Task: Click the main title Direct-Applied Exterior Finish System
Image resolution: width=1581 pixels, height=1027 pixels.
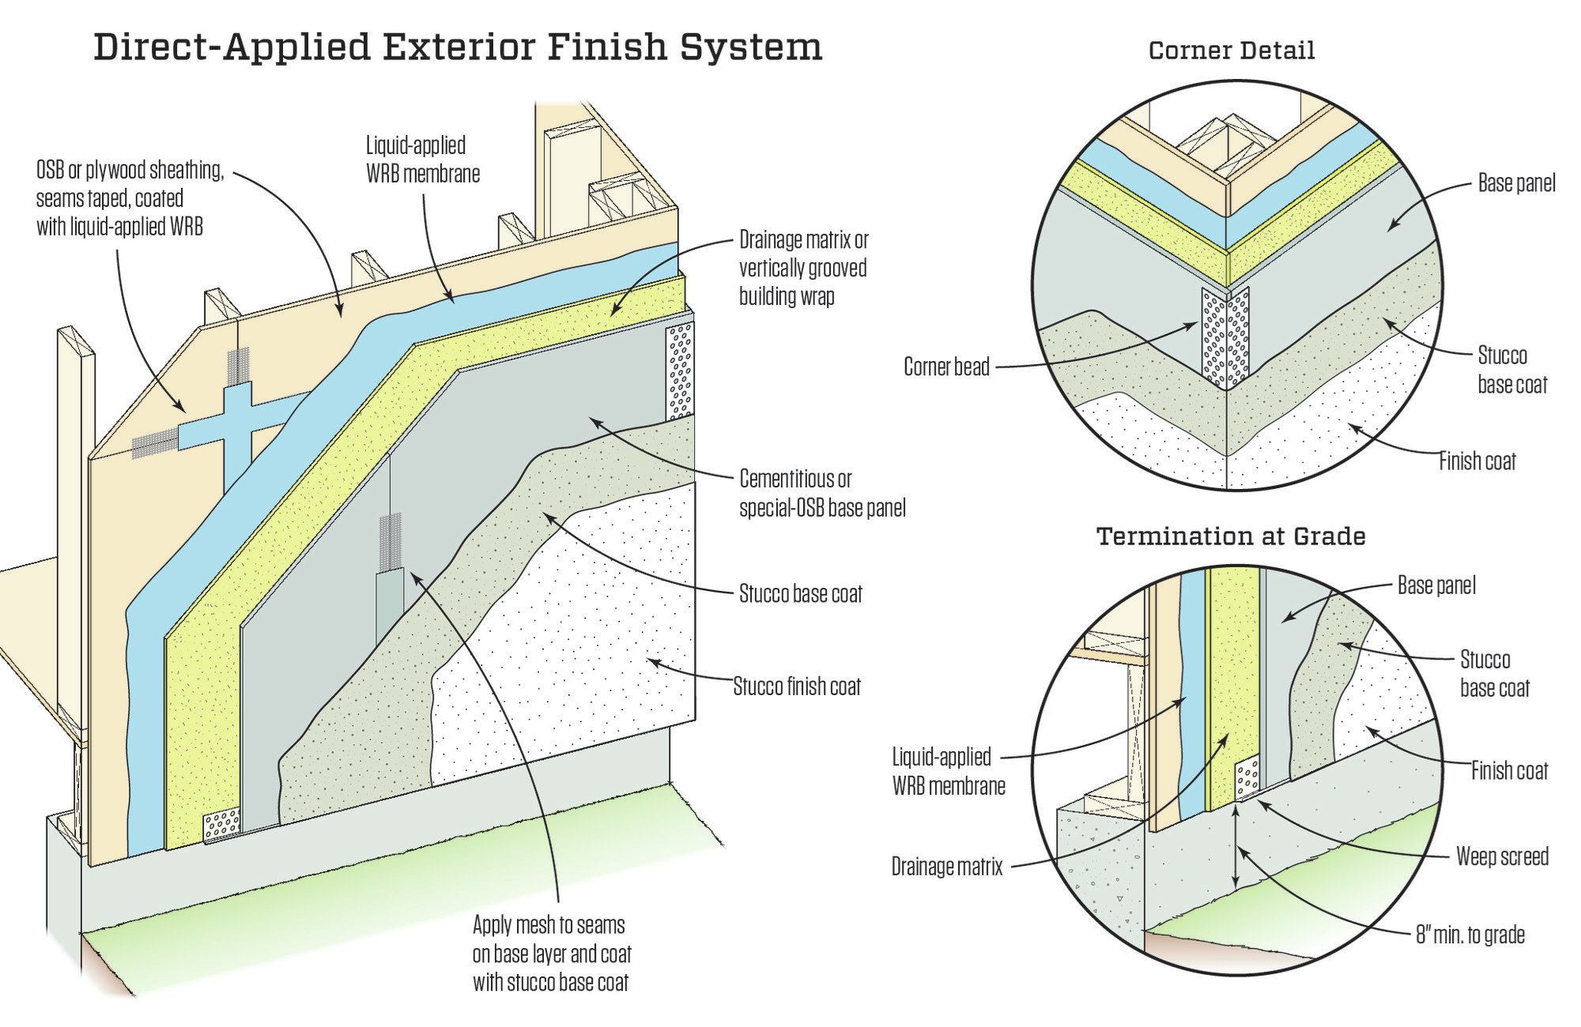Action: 458,48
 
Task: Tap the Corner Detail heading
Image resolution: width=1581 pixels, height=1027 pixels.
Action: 1231,51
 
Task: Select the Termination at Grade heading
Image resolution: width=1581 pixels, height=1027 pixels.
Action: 1231,536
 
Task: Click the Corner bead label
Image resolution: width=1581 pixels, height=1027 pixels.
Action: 946,367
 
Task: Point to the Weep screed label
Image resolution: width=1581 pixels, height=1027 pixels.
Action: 1502,856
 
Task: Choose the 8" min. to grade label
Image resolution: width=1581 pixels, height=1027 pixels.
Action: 1470,935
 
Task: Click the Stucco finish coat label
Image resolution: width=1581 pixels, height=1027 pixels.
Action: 797,686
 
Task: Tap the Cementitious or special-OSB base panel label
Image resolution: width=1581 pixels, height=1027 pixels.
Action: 822,493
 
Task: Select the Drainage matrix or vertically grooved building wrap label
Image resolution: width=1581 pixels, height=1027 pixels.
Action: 804,268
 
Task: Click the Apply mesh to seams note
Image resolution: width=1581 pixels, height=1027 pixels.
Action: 552,954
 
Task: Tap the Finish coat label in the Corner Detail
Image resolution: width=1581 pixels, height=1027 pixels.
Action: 1477,461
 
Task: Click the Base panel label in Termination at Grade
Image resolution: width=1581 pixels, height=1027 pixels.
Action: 1436,585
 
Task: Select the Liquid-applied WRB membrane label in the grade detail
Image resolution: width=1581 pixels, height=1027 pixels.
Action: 949,771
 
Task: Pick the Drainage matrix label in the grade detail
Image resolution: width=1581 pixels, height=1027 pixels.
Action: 947,867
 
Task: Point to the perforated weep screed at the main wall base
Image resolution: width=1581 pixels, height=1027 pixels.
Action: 222,826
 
